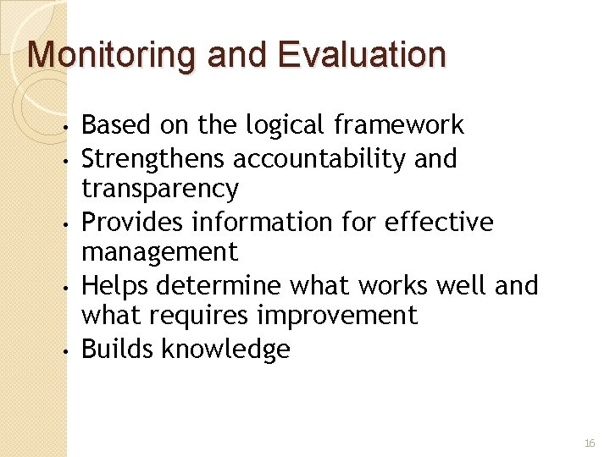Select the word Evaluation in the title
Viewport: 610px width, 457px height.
[361, 54]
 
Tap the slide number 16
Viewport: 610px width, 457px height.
[590, 443]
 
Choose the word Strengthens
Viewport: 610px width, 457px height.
[153, 159]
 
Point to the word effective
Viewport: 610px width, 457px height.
[439, 222]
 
